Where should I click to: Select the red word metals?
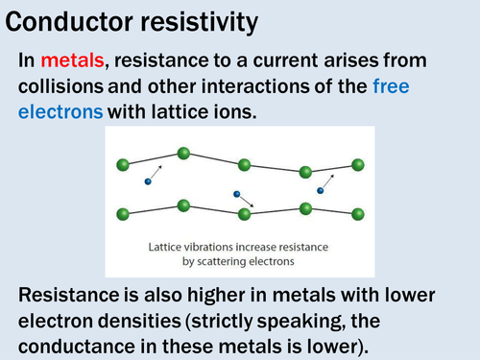pyautogui.click(x=78, y=60)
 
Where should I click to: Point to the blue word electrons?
pyautogui.click(x=60, y=111)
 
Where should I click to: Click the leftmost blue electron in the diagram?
pyautogui.click(x=148, y=181)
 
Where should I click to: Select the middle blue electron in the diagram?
pyautogui.click(x=236, y=194)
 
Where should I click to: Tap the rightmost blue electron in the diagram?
pyautogui.click(x=321, y=190)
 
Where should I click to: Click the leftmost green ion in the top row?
pyautogui.click(x=122, y=165)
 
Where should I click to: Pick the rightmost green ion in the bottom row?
pyautogui.click(x=357, y=213)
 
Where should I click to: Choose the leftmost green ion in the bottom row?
pyautogui.click(x=122, y=213)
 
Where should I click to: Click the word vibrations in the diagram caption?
pyautogui.click(x=209, y=246)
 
